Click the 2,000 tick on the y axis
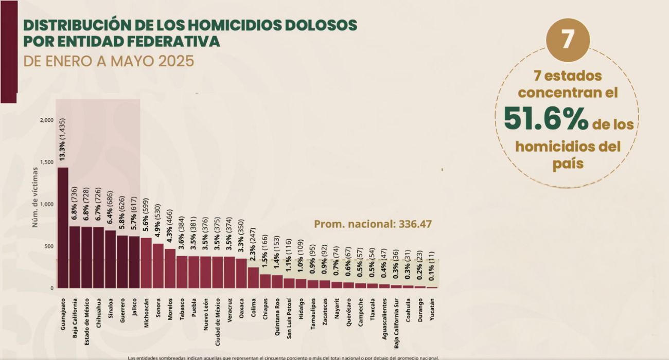coord(46,120)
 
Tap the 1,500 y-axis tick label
coord(46,162)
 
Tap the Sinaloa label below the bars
coord(111,309)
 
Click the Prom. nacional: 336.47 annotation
coord(373,224)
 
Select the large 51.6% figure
coord(545,118)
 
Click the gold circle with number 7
coord(568,40)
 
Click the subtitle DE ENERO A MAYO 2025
coord(109,61)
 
